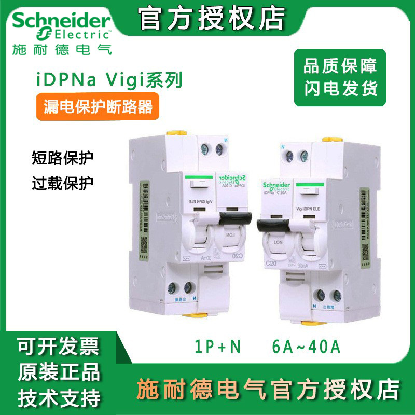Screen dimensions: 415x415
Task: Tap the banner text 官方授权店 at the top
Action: [x=213, y=18]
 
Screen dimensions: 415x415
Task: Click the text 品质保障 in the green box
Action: [x=340, y=66]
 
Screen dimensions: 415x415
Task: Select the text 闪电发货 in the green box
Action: [x=340, y=88]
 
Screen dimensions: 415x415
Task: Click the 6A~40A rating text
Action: [x=306, y=347]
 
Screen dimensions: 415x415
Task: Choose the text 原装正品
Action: [x=58, y=372]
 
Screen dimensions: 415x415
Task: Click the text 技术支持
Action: [x=58, y=398]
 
